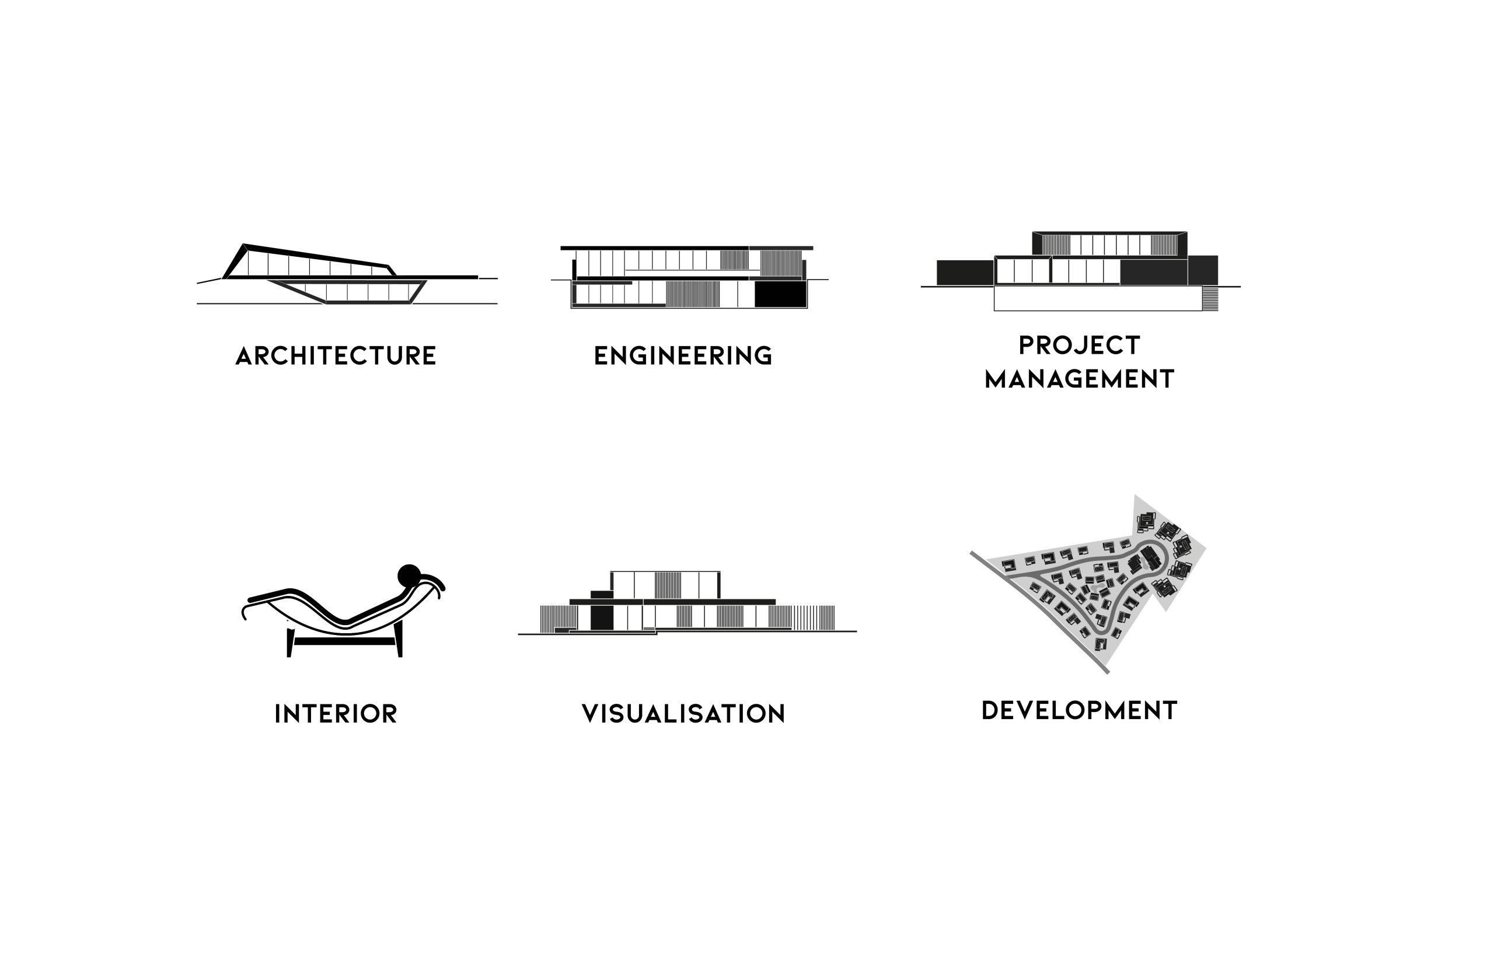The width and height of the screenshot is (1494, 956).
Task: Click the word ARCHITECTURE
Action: [336, 357]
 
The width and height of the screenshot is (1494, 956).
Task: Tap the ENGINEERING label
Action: [683, 357]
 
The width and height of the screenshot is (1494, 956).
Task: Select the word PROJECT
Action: [1080, 346]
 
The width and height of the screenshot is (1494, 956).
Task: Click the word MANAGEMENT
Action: [1080, 379]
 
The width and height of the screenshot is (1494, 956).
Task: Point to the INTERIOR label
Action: [336, 714]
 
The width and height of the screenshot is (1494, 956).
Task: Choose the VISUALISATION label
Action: [683, 714]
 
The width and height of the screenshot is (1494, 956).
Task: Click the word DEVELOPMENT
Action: [1080, 711]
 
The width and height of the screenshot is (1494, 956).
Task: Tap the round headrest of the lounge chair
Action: [409, 576]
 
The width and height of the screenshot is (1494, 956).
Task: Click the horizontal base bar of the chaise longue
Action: [344, 641]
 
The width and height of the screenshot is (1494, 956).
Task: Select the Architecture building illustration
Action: [347, 274]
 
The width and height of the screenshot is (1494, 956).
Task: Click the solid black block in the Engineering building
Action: [780, 294]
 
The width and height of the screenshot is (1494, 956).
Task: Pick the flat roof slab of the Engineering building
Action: [686, 248]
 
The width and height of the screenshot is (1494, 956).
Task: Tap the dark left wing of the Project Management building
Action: [965, 273]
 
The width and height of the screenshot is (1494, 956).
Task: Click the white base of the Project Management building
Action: [1098, 299]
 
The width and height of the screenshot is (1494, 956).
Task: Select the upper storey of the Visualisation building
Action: [665, 585]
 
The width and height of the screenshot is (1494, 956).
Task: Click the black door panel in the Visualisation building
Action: [602, 617]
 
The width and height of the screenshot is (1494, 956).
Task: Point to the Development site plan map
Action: [1088, 584]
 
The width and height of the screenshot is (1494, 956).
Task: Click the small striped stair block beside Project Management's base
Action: [1210, 299]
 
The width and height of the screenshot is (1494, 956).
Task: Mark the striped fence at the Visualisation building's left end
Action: [558, 619]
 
